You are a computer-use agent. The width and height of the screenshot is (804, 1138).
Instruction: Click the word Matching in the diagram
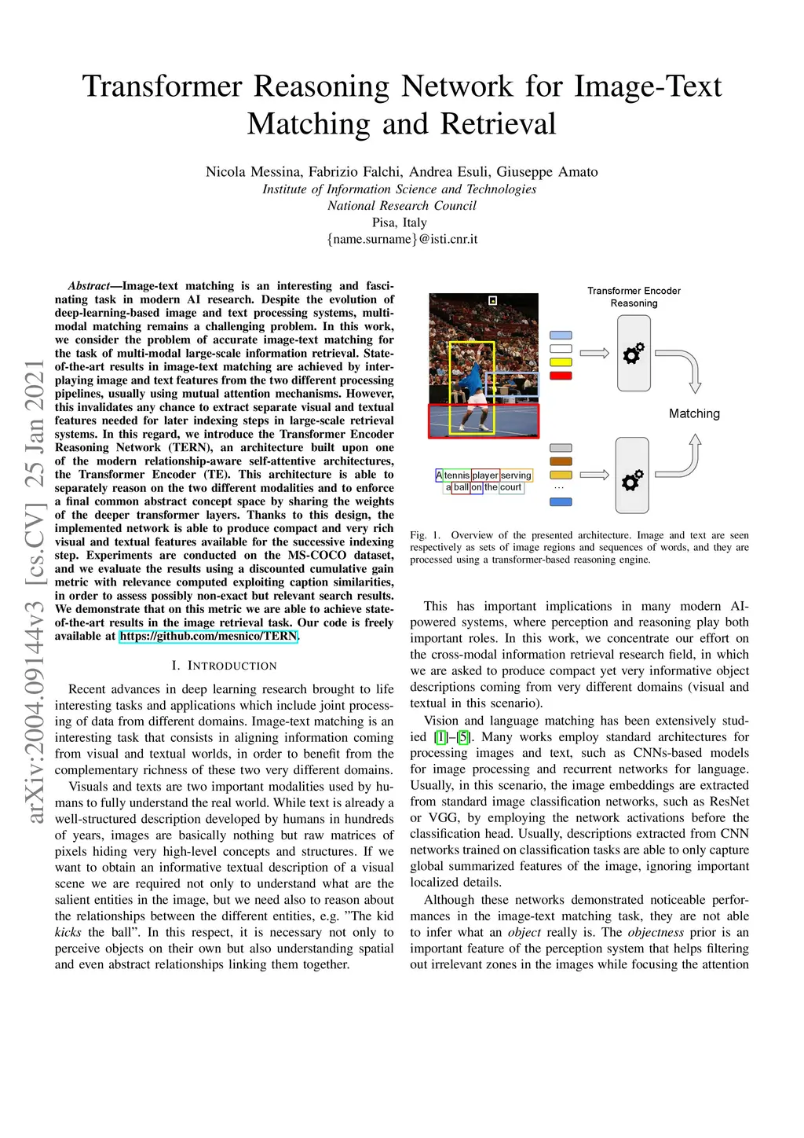click(x=694, y=413)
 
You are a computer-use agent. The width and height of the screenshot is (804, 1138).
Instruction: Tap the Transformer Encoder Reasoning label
click(x=634, y=296)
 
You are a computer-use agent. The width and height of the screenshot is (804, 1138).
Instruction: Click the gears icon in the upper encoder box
click(x=634, y=354)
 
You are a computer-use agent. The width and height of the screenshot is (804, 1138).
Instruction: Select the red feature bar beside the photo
click(x=561, y=376)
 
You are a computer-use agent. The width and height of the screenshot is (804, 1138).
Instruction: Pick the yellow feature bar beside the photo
click(x=561, y=362)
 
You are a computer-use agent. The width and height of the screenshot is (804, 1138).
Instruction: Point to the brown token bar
click(x=561, y=461)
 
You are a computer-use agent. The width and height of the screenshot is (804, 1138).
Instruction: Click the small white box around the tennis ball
click(x=493, y=300)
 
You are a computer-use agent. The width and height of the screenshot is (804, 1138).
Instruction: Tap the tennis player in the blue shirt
click(x=471, y=385)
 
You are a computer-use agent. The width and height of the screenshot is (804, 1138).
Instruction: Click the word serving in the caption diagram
click(x=516, y=475)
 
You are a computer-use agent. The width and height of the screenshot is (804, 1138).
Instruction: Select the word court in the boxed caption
click(x=510, y=487)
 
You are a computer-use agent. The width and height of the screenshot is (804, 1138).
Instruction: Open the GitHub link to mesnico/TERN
click(x=208, y=636)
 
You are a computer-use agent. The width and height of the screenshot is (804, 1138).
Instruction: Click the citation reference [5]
click(x=464, y=737)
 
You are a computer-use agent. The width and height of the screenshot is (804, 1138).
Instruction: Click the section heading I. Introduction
click(x=224, y=666)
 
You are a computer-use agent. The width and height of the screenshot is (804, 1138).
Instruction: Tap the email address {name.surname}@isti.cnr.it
click(x=402, y=239)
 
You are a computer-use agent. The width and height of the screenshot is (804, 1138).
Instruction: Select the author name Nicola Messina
click(x=253, y=171)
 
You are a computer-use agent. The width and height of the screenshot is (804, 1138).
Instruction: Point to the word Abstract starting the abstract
click(x=89, y=286)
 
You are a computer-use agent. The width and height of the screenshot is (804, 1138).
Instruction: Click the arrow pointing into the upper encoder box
click(x=594, y=354)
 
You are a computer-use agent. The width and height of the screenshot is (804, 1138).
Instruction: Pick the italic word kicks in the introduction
click(x=68, y=932)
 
